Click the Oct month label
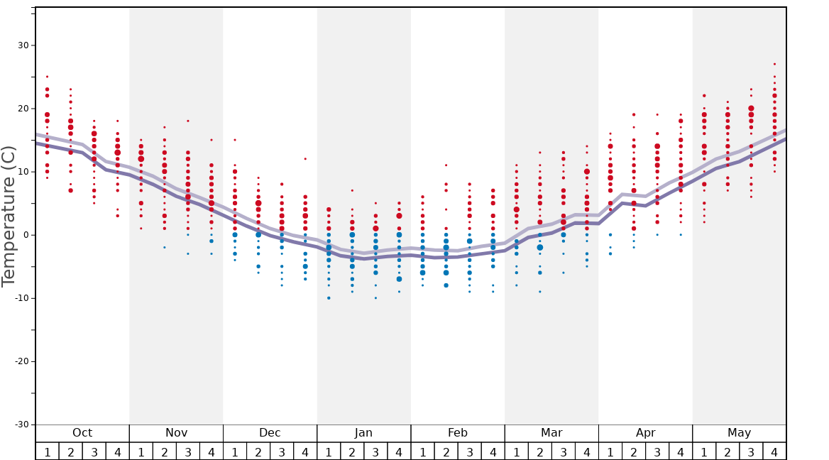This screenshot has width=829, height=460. click(82, 433)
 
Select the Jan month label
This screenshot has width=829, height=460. click(363, 433)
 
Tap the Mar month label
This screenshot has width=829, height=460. click(551, 433)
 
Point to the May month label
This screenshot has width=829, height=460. click(739, 433)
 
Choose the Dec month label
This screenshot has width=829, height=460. click(270, 433)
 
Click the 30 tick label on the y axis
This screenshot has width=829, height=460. click(23, 45)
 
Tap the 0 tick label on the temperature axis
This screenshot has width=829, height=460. click(26, 235)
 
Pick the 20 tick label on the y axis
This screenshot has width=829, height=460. click(23, 109)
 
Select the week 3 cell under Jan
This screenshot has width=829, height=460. click(375, 451)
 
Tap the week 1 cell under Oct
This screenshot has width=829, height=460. click(47, 451)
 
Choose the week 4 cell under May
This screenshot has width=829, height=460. click(774, 451)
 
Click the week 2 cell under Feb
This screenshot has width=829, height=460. click(446, 451)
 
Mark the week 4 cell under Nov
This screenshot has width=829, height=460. click(212, 451)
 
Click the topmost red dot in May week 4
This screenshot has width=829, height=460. click(774, 64)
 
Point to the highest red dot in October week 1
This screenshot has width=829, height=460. click(47, 77)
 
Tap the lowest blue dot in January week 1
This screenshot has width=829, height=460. click(329, 298)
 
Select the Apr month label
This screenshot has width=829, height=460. click(645, 433)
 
